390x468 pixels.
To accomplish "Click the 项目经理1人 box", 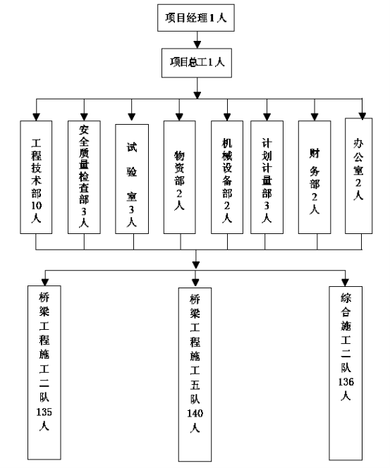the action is pos(196,18).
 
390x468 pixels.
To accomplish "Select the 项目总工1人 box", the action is pos(197,63).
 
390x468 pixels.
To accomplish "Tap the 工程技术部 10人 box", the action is pos(36,177).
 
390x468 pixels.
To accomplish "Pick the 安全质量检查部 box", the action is pos(84,177).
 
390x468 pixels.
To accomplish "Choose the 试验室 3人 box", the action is pos(132,179).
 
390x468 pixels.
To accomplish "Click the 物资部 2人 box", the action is pos(179,177).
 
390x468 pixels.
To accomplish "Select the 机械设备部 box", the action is pos(227,177).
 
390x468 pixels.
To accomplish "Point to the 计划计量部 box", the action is pos(267,177).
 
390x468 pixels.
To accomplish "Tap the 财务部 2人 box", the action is pos(315,177).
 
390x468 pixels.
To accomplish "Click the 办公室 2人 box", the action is pos(359,175).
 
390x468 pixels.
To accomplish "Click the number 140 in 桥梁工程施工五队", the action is pos(195,413).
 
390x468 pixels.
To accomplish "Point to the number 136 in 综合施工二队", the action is pos(346,382).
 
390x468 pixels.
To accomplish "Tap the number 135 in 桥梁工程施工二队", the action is pos(44,412).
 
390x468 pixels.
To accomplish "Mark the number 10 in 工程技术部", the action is pos(37,205).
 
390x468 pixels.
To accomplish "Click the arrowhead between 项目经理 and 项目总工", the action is pos(197,44).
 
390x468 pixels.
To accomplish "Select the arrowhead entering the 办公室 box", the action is pos(362,116).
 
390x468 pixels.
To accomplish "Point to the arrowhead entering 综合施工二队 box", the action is pos(345,283).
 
